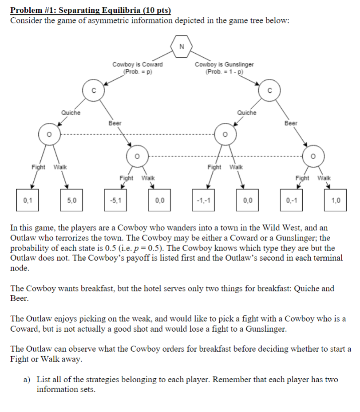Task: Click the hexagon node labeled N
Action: click(x=181, y=47)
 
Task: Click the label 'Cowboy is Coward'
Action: click(x=137, y=64)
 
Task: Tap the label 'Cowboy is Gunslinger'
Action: click(x=224, y=64)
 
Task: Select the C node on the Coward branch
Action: click(x=93, y=91)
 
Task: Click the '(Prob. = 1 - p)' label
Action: click(x=224, y=71)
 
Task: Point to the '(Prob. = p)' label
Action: click(x=137, y=71)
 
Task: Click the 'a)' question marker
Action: click(x=27, y=380)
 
